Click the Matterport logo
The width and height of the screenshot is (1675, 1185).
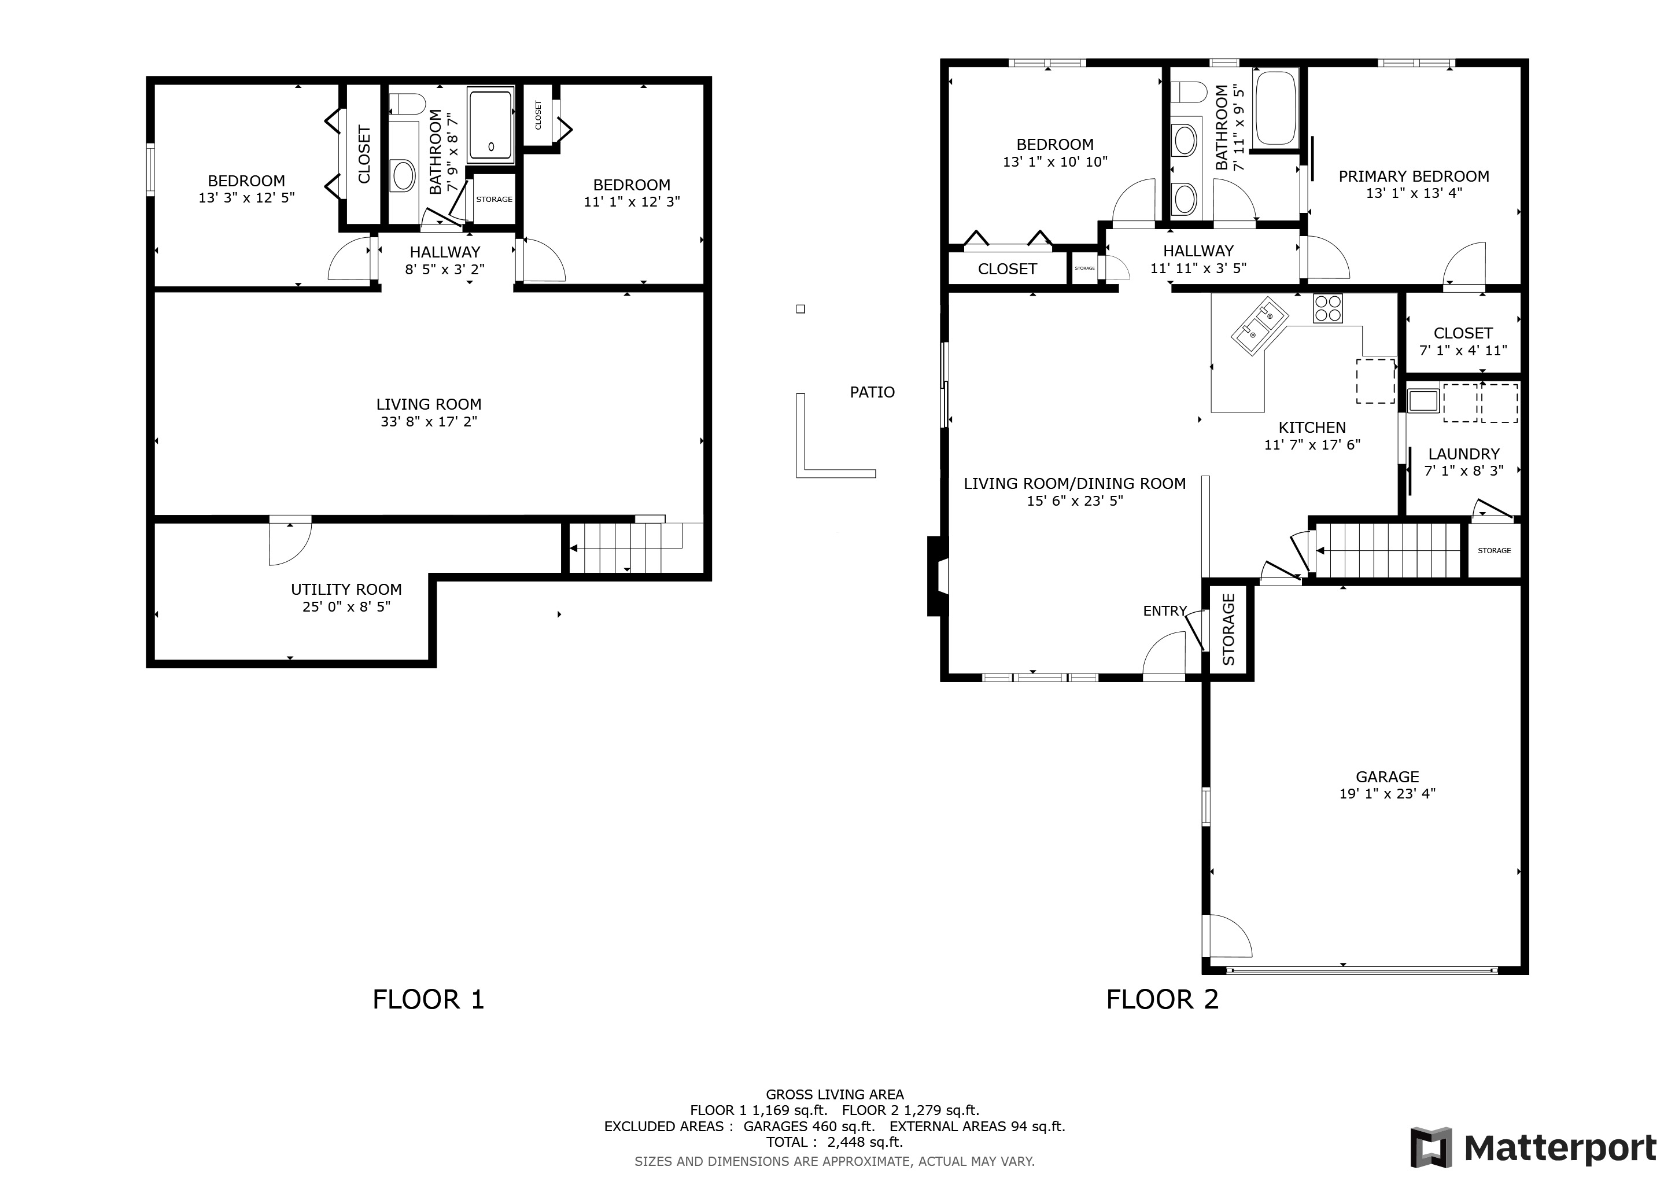[1533, 1148]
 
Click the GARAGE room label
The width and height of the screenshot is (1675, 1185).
[1387, 776]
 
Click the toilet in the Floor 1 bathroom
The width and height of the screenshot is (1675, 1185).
[407, 104]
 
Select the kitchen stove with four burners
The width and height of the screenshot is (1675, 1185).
[1328, 308]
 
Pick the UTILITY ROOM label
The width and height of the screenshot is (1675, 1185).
[346, 589]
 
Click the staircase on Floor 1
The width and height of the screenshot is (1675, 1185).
[626, 548]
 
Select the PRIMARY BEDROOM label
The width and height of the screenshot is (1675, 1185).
[1413, 176]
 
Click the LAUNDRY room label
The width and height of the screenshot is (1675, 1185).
[1463, 454]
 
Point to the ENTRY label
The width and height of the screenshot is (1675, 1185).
[1164, 611]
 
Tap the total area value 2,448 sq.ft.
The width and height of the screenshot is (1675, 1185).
[865, 1142]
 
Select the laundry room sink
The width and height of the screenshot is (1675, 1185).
[1423, 400]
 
